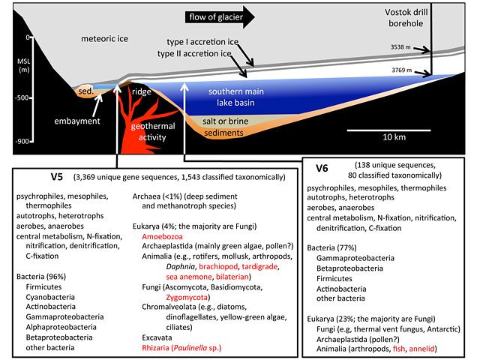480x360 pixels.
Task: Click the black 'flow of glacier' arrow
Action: pos(220,17)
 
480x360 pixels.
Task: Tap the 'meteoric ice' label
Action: pos(104,39)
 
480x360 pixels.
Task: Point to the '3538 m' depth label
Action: pos(400,47)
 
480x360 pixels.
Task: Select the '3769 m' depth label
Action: pos(402,70)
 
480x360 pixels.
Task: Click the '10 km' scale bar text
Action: pos(394,136)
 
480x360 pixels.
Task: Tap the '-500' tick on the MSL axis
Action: pos(23,98)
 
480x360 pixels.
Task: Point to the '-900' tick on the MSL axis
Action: pos(23,142)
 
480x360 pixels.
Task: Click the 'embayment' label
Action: pos(77,121)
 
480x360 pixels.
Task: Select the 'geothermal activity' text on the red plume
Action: pos(153,132)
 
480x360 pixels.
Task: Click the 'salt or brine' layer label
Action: pos(225,121)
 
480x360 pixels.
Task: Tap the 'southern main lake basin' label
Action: pos(236,97)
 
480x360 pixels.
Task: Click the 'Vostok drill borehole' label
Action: pos(406,18)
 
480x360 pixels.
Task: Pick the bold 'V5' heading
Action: pos(57,177)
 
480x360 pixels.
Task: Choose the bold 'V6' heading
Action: pos(322,168)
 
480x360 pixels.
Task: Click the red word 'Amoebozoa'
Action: pos(162,237)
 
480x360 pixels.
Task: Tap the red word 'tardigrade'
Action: pos(259,267)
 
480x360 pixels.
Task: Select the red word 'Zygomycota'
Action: pos(187,297)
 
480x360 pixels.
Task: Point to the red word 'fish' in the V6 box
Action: pos(399,349)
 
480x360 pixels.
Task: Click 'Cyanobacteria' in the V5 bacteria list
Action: pos(50,297)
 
